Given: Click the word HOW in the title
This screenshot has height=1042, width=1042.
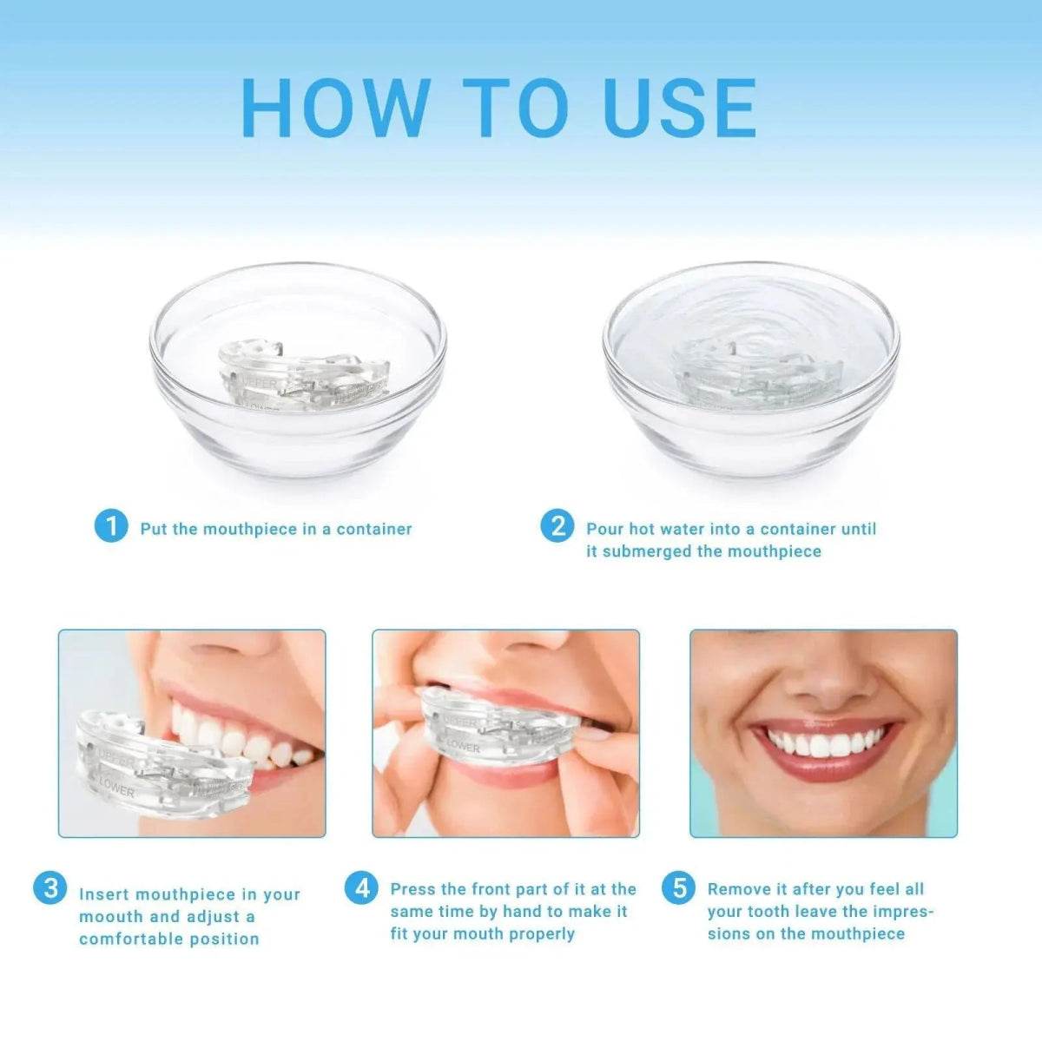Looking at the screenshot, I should (x=334, y=108).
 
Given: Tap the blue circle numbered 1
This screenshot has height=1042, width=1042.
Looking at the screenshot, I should (x=110, y=526).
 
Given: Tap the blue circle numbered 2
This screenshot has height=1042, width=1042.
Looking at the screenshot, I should (x=557, y=526).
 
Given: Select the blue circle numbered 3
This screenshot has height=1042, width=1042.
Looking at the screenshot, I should (x=49, y=887).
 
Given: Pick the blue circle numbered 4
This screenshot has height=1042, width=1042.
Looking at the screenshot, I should (x=361, y=887).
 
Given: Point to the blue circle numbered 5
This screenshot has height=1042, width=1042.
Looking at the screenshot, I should (x=678, y=887).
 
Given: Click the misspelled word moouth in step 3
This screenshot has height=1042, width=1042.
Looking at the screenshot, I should (x=112, y=917).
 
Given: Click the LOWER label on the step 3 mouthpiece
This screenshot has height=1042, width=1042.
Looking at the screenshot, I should (x=116, y=788).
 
